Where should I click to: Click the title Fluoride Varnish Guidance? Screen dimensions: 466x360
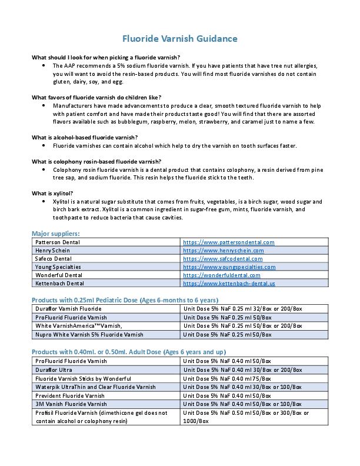180,39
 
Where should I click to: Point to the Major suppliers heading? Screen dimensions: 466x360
56,234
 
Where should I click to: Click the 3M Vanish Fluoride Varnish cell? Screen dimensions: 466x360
71,404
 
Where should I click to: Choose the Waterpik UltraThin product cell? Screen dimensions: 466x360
95,387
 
